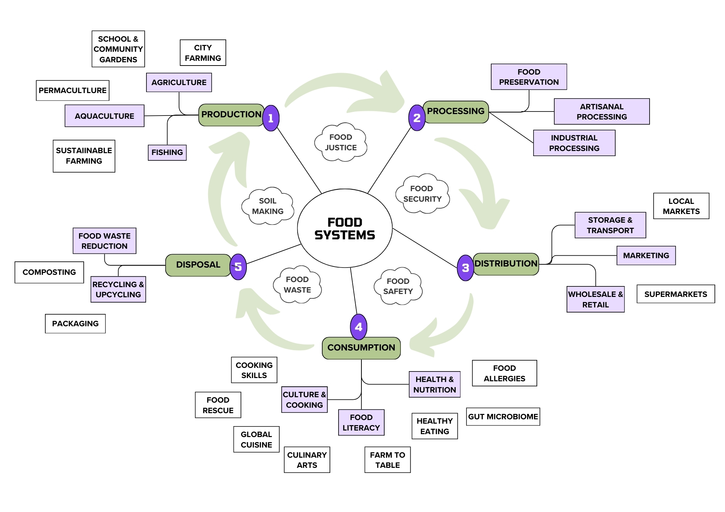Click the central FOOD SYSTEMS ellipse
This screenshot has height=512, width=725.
point(345,228)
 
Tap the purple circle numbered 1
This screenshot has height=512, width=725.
point(271,118)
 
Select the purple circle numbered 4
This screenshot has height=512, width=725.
point(359,327)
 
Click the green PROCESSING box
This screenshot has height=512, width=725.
point(456,112)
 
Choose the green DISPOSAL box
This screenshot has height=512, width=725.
point(198,265)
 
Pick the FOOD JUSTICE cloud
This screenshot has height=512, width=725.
point(341,143)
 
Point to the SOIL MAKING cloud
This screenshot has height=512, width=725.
point(268,206)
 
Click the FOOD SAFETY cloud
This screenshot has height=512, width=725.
point(398,286)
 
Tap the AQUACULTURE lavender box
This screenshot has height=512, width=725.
point(104,116)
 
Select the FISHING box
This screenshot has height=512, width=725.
point(167,152)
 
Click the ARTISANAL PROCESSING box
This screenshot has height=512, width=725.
point(601,112)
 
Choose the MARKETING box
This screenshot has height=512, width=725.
point(646,256)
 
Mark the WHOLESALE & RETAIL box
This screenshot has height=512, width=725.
point(595,299)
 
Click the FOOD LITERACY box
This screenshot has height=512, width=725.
point(361,423)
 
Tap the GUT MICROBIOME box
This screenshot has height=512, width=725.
point(503,417)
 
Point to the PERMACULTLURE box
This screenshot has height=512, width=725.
point(72,91)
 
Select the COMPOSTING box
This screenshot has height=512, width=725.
point(49,272)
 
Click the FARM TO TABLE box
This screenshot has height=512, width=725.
point(388,460)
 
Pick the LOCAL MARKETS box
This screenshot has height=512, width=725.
point(681,206)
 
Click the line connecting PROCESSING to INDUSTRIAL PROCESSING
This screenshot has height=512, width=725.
point(511,128)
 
